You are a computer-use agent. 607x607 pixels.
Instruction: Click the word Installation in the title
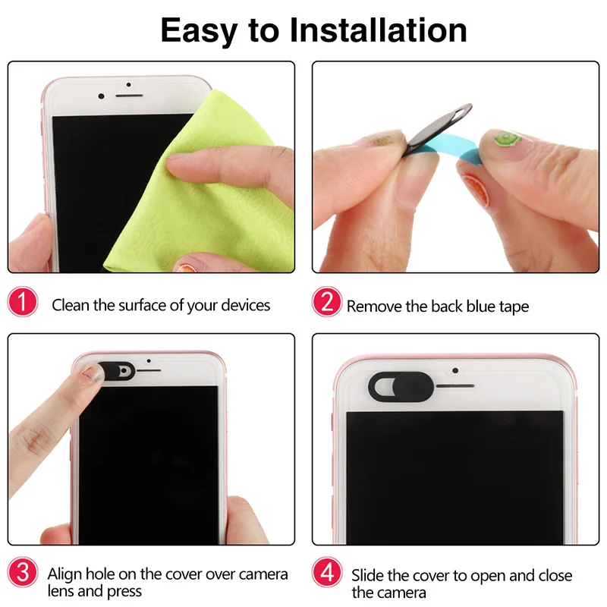point(379,30)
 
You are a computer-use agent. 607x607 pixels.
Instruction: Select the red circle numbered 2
point(326,304)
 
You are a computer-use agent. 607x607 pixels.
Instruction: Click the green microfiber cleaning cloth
point(228,182)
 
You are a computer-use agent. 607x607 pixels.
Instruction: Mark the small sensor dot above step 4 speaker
point(454,371)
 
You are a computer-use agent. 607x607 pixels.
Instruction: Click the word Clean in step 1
point(71,305)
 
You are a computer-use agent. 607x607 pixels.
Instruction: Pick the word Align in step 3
point(65,574)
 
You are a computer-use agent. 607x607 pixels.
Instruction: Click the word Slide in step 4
point(369,575)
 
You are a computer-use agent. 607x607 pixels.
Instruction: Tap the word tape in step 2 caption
point(513,307)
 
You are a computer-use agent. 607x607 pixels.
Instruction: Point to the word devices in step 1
point(245,305)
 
